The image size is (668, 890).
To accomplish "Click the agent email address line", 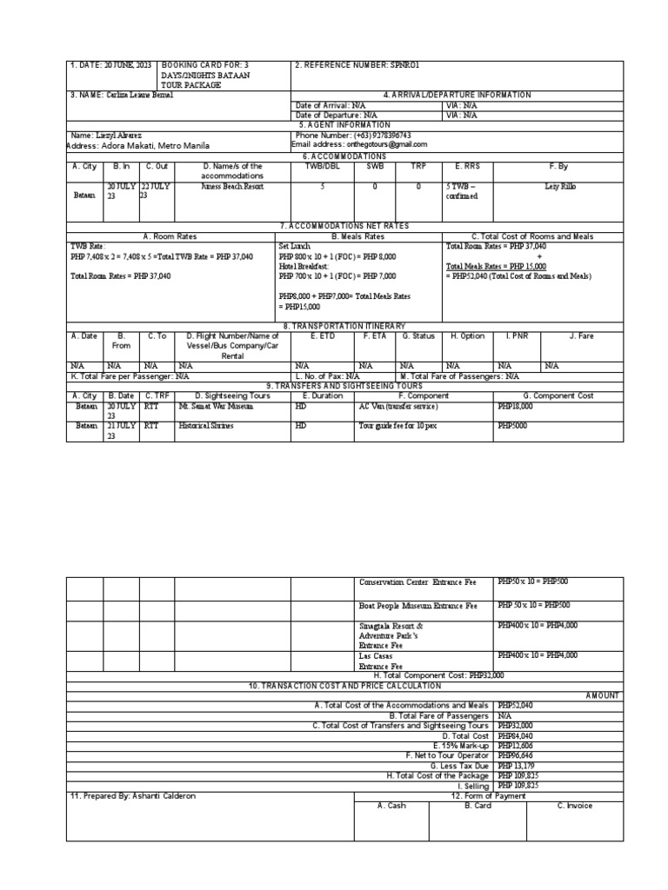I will pos(361,144).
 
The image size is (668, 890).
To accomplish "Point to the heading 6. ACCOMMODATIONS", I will pos(344,155).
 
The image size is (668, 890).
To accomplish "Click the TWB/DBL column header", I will pos(323,165).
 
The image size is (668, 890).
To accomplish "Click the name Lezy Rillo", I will pos(559,186).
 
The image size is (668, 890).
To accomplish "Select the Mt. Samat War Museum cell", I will pos(213,406).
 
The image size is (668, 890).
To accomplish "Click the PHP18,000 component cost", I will pos(517,406).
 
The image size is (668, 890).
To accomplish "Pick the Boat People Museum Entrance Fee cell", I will pos(418,606).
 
